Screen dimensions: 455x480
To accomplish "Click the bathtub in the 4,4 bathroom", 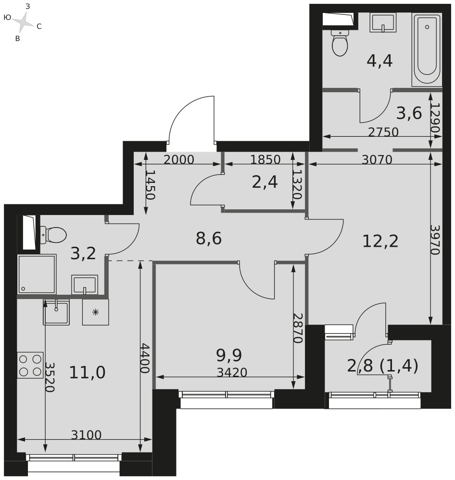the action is point(427,50).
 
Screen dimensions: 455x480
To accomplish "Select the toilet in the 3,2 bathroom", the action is point(53,235).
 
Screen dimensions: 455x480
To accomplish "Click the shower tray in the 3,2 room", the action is point(37,274).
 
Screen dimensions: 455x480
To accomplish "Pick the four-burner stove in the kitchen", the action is point(30,365).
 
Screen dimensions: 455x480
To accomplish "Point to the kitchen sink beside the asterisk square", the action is point(56,312).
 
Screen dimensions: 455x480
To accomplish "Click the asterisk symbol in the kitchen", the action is point(96,312).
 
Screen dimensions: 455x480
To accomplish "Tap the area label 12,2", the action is point(380,241).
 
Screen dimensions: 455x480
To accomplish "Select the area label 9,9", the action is point(229,355).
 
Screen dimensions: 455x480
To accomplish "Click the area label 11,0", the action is point(88,372).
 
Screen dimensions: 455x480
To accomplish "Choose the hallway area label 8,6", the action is point(209,238).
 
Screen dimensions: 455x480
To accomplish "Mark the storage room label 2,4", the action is point(265,182).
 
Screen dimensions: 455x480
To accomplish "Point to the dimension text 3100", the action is point(86,435).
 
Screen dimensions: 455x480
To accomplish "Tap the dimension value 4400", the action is point(144,358).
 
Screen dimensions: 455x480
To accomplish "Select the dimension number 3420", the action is point(232,372).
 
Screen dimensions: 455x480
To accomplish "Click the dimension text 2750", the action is point(383,132).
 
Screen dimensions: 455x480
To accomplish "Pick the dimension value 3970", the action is point(435,240).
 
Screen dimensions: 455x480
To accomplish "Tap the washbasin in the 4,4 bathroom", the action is point(383,23).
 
